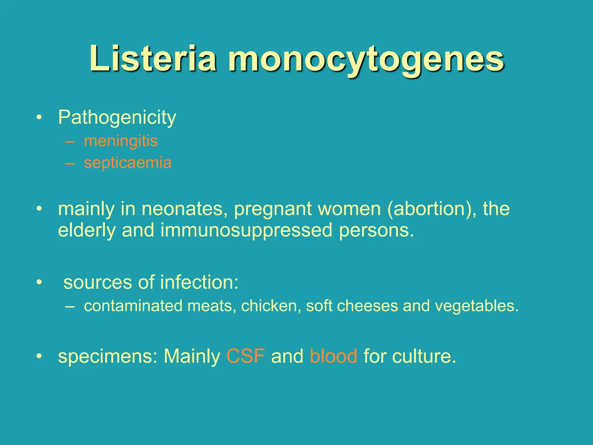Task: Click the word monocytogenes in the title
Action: (366, 59)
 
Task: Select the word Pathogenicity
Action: (117, 118)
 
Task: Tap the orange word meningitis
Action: (121, 141)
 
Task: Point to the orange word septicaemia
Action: (128, 163)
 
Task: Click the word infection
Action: (199, 282)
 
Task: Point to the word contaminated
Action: (133, 306)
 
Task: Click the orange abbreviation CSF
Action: (246, 356)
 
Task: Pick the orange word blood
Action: (333, 356)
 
